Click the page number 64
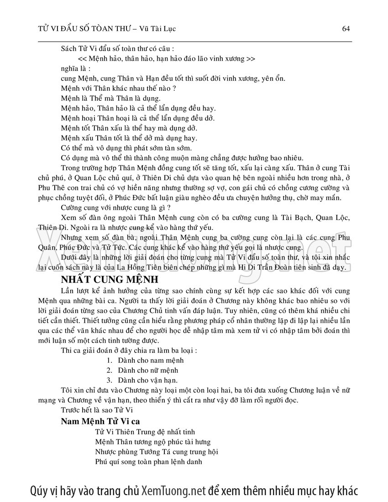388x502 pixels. [346, 29]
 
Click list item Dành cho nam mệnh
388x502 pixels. [144, 360]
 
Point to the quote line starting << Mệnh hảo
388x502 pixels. [167, 59]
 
